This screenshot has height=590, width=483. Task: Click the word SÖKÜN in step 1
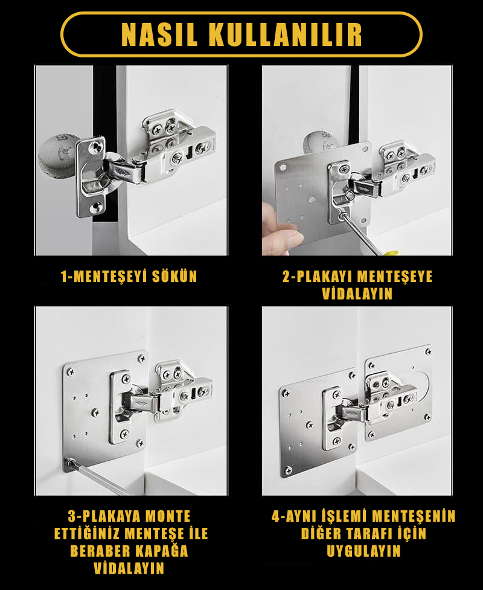coord(174,277)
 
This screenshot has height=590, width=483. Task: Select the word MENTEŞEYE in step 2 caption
coord(395,277)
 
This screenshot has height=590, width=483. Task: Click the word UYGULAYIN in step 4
coord(363,551)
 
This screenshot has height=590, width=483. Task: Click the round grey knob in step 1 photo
coord(57,156)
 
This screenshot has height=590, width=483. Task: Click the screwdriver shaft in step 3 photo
coord(98,477)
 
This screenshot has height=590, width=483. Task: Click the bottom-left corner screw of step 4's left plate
coord(288,470)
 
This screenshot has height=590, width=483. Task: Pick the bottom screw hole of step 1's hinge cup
coord(97,206)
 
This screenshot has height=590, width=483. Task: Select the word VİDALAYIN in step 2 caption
coord(357,294)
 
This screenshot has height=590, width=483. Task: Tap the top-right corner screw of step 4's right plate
coord(427,352)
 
